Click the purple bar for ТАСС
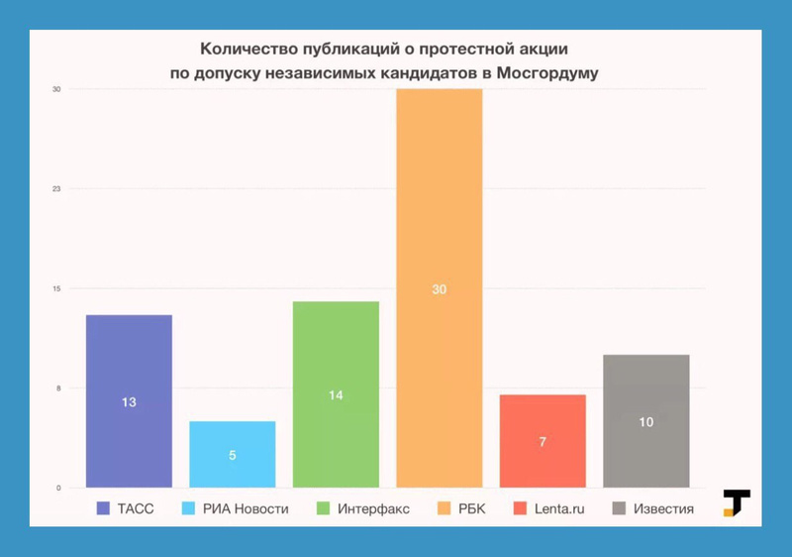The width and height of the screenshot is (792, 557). point(129,400)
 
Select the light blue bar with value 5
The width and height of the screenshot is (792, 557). point(232,454)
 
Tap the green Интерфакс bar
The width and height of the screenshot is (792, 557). point(336,393)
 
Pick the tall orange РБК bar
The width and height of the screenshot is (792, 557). point(439,287)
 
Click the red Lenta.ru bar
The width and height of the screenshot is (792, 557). point(543,441)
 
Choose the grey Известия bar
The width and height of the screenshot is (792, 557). point(645,420)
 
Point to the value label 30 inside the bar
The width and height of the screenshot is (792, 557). point(440,289)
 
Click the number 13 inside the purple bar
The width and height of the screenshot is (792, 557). point(129,402)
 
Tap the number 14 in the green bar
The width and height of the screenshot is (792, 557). point(336,395)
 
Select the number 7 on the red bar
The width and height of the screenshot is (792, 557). point(543,442)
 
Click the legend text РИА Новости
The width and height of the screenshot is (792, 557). point(246,509)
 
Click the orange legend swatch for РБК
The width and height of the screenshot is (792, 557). point(443,509)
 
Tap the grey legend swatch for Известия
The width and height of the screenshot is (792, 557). point(620,509)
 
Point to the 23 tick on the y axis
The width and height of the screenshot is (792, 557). point(57,188)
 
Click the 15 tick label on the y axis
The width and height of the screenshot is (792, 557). point(57,288)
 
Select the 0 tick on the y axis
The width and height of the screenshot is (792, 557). point(58,488)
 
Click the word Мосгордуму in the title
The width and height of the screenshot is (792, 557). point(547,72)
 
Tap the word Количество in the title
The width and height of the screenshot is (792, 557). point(246,47)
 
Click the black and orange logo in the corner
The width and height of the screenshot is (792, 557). point(736,502)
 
